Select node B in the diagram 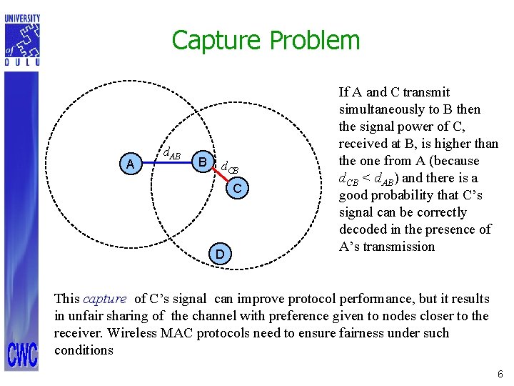pos(203,162)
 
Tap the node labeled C pos(241,188)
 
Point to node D pos(221,254)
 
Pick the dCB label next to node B pos(229,169)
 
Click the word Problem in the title pos(315,41)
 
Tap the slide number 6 pos(500,375)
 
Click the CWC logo pos(23,355)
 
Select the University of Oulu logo pos(23,40)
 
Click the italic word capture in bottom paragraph pos(105,299)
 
